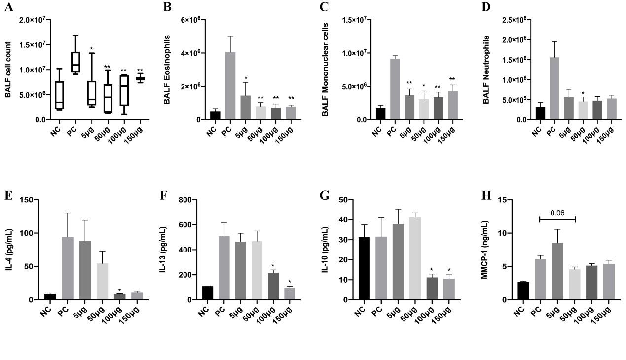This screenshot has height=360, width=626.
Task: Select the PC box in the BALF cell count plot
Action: (75, 62)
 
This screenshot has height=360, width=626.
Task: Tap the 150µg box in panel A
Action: (140, 78)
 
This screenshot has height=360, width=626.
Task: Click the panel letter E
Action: (8, 195)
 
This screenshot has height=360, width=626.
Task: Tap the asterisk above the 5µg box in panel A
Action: (92, 49)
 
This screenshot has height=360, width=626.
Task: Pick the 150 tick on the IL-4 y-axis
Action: (25, 200)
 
